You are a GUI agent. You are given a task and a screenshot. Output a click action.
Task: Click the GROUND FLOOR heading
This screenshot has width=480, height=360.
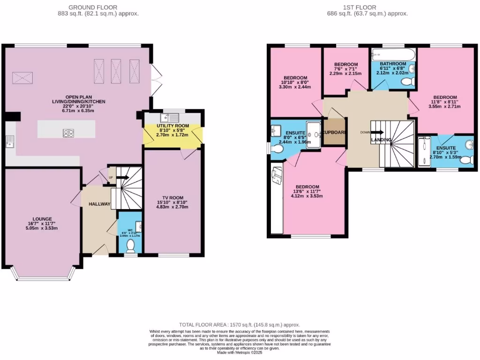point(93,7)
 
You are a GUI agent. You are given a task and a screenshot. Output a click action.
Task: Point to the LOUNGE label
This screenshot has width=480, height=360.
point(42,218)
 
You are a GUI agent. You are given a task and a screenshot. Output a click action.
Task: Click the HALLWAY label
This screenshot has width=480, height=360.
point(99,204)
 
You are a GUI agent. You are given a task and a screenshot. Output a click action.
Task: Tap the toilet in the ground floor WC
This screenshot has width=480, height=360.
point(131,245)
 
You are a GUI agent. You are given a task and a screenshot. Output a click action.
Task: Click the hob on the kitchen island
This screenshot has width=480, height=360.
point(68,133)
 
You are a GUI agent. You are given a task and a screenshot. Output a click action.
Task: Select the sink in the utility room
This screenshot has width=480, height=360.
point(167,118)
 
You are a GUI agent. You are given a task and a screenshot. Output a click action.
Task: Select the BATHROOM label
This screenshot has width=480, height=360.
point(393,64)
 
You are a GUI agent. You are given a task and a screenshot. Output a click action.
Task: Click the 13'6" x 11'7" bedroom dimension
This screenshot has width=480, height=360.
point(307,191)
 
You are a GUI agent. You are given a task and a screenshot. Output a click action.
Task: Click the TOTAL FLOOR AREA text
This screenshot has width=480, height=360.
point(240,324)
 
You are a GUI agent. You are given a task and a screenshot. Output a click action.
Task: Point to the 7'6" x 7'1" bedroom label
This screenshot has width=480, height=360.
point(346,64)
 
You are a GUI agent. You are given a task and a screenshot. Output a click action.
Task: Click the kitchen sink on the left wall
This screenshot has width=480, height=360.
point(9,141)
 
